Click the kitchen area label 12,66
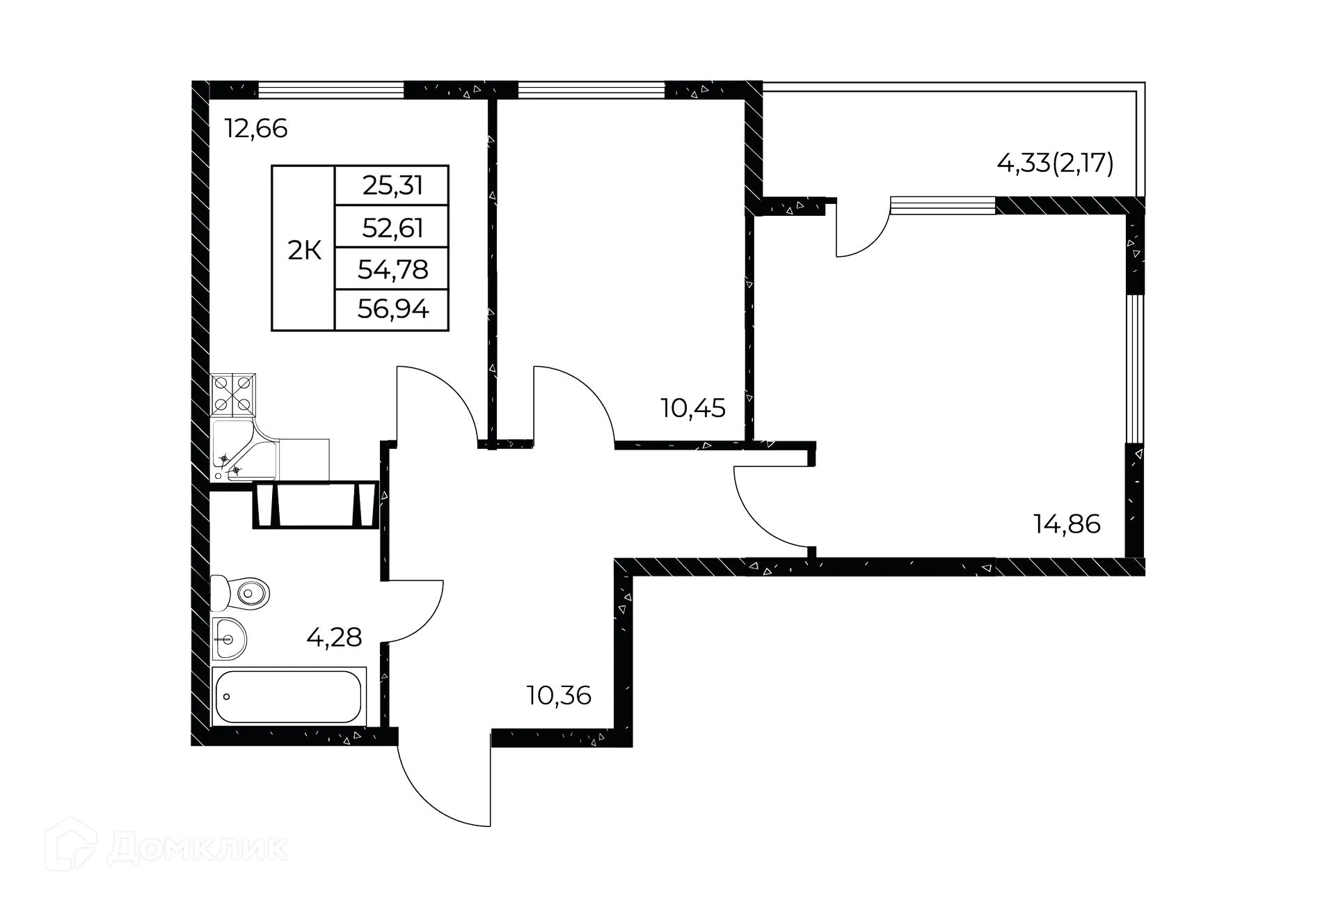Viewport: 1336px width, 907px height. tap(255, 129)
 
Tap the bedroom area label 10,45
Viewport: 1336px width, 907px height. tap(694, 407)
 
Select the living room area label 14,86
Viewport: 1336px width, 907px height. tap(1067, 524)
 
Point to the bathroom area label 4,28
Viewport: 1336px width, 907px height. tap(334, 637)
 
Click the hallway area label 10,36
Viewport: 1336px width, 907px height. tap(559, 695)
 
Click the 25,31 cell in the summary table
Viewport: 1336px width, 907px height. tap(392, 186)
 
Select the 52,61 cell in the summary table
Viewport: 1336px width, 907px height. tap(392, 228)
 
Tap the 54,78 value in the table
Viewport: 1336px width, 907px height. tap(392, 269)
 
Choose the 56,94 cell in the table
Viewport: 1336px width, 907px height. tap(392, 309)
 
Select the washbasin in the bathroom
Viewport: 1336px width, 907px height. tap(230, 638)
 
